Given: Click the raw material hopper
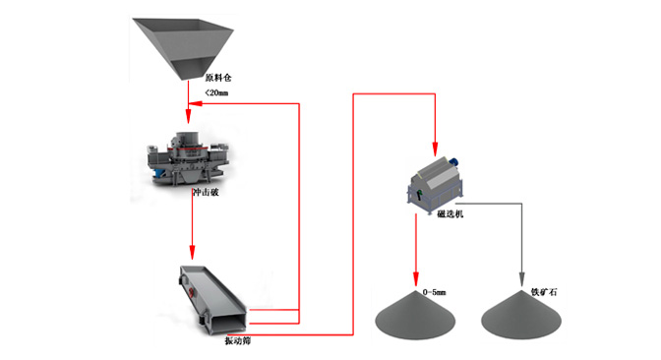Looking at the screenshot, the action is tap(183, 47).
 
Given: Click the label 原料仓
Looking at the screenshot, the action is tap(218, 78).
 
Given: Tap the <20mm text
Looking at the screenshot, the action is tap(216, 92).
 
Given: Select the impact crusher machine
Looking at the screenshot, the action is tap(188, 158).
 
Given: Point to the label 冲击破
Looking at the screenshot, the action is tap(207, 192).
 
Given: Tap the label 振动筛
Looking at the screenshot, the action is tap(237, 340).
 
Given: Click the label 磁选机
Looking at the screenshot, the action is tap(450, 214).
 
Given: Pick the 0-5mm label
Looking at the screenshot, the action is tap(434, 292).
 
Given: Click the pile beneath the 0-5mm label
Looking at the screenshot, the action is tap(415, 316).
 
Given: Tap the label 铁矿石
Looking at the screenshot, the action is tap(544, 292).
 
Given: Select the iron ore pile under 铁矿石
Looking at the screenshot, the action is tap(521, 316).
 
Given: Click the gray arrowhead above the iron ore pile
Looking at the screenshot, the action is tap(522, 280).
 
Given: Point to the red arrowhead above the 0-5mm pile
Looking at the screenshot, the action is tap(416, 279).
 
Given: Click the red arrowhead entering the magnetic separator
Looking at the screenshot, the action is tap(435, 150).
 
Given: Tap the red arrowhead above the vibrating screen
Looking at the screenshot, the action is tap(192, 253).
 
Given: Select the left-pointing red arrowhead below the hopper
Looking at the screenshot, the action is tap(195, 103).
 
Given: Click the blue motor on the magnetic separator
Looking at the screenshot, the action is tap(453, 162).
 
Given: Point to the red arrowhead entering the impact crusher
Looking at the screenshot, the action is tap(189, 116).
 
